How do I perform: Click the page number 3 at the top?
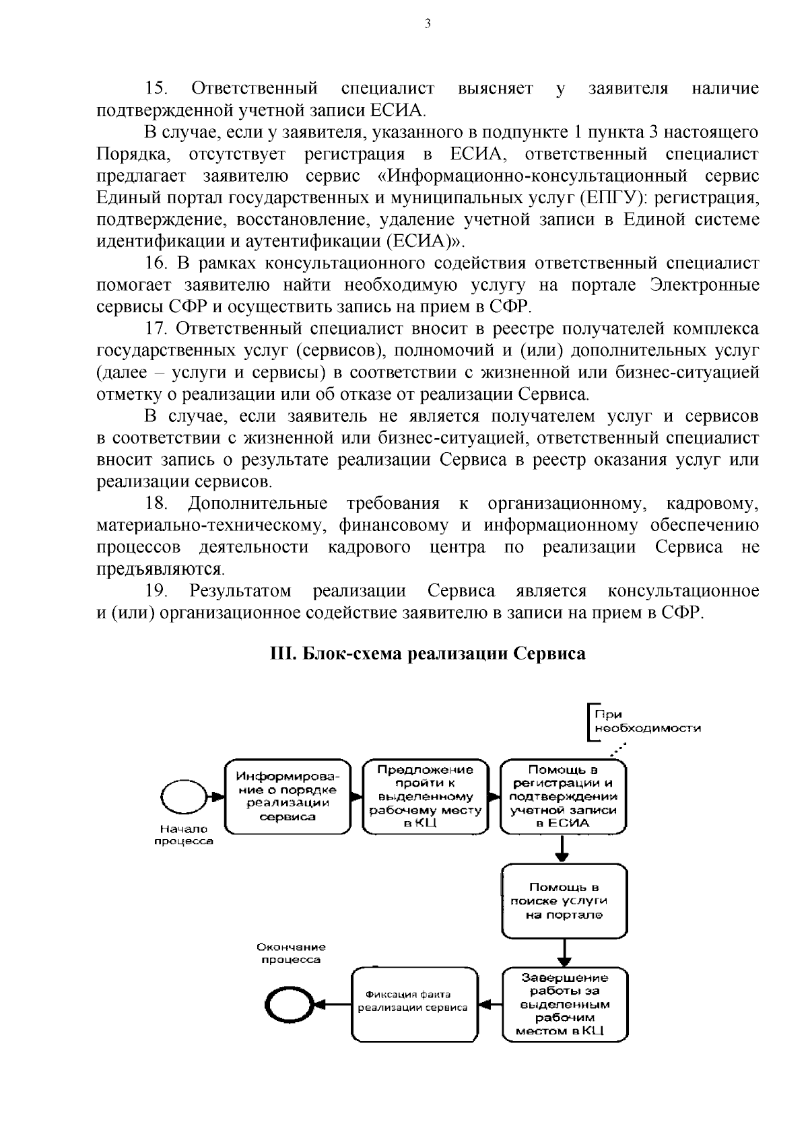[x=427, y=25]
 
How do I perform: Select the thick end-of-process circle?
[x=288, y=1006]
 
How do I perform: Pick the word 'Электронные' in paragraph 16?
[x=705, y=285]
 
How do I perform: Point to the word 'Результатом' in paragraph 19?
[x=240, y=591]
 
